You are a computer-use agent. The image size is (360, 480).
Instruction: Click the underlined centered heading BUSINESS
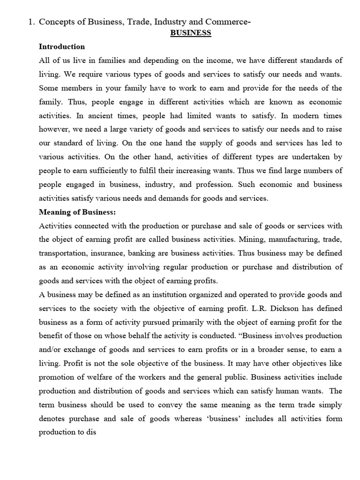click(190, 33)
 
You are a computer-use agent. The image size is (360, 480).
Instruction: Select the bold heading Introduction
click(62, 46)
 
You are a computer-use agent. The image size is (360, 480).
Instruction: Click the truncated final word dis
click(91, 432)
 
